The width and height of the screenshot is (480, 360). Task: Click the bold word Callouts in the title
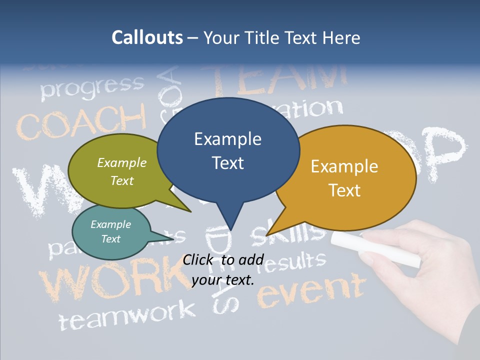tap(147, 37)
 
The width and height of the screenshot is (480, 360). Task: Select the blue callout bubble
tap(228, 150)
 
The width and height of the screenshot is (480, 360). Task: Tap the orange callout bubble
tap(345, 178)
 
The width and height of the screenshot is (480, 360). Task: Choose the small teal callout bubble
tap(111, 231)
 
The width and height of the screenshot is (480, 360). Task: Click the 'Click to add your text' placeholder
tap(223, 269)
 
